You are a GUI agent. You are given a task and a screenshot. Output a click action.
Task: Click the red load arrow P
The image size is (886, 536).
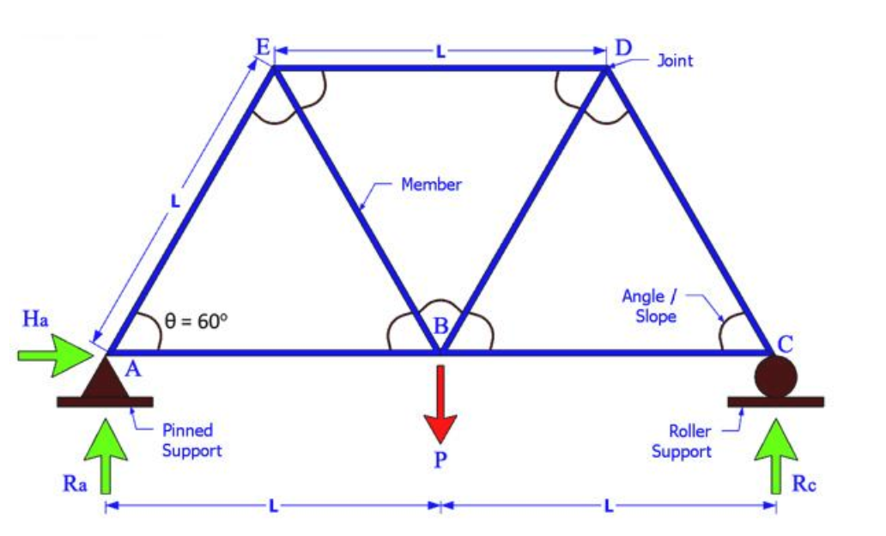tap(440, 404)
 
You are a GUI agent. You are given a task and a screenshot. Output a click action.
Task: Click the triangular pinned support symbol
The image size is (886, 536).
tap(106, 378)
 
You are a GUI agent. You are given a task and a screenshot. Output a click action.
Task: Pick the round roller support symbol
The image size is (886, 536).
tap(775, 375)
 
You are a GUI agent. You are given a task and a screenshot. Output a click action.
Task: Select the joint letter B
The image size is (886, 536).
tap(440, 326)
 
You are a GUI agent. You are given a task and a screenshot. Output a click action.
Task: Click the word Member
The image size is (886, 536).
tap(431, 185)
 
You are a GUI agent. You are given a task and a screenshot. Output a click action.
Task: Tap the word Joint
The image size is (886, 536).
tap(675, 61)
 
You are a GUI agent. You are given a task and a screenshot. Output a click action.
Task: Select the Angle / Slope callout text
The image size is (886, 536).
tap(649, 306)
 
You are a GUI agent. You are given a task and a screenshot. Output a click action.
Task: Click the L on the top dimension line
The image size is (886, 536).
tap(440, 52)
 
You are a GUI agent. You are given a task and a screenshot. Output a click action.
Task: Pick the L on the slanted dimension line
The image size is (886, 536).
tap(174, 203)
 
